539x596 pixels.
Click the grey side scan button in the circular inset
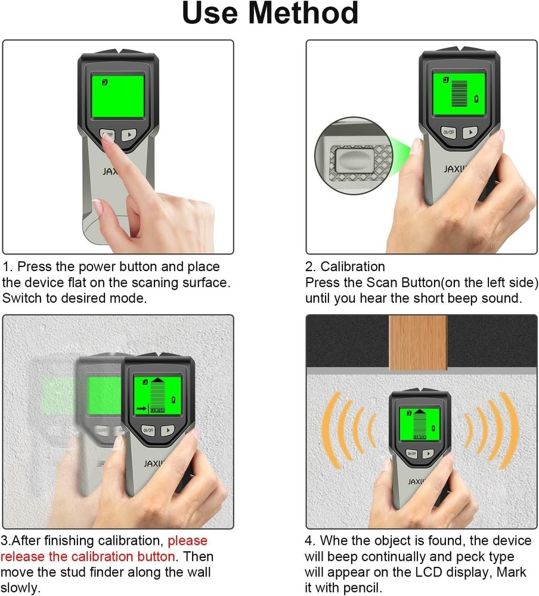(x=352, y=159)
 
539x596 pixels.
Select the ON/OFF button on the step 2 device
(x=448, y=132)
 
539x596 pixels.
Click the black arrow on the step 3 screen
(x=141, y=409)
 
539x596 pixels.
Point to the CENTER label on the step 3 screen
(x=158, y=409)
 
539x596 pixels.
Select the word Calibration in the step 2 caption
(x=353, y=266)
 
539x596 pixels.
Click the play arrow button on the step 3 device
(x=168, y=430)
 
